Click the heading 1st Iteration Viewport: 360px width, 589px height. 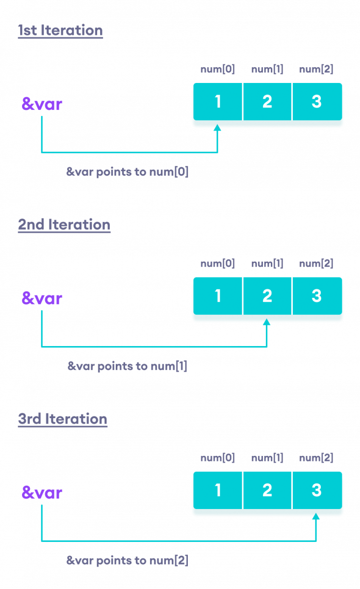[x=60, y=30]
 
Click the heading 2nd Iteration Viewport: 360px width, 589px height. [x=64, y=225]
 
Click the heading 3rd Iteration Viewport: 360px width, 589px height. [x=63, y=419]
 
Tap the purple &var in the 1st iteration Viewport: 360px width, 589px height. [x=42, y=104]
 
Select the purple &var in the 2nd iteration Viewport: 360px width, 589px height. [x=42, y=298]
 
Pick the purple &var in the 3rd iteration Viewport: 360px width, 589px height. [x=42, y=492]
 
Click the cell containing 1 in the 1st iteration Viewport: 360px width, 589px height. [x=218, y=102]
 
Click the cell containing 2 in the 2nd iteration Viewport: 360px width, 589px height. [x=267, y=296]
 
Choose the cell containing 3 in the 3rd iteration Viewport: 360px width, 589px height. [x=317, y=490]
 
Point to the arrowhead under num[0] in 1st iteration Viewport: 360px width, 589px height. [x=217, y=128]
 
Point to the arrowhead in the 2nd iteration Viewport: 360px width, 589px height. [x=267, y=322]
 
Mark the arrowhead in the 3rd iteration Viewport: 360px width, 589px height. [x=316, y=516]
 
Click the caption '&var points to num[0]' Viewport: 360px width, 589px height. [x=128, y=172]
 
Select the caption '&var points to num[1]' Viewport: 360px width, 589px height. [x=128, y=366]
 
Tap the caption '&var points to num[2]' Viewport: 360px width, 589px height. [x=128, y=561]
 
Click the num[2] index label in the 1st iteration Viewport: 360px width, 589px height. [x=316, y=69]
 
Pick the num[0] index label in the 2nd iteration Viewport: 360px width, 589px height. [x=218, y=264]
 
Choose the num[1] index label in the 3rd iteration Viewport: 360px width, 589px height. [x=267, y=458]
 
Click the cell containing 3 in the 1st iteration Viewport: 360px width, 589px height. [x=317, y=102]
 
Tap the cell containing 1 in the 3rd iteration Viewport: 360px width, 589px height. [x=218, y=490]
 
